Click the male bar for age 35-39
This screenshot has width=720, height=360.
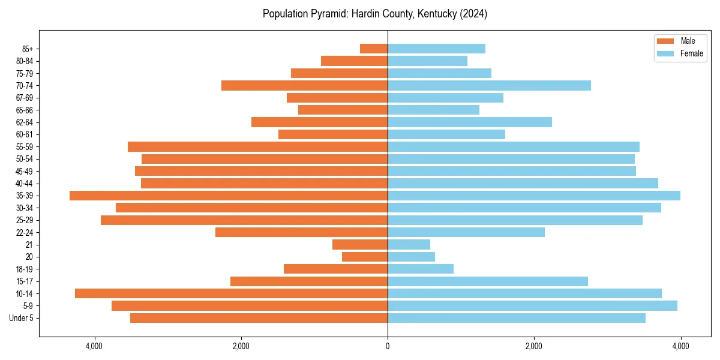pyautogui.click(x=229, y=196)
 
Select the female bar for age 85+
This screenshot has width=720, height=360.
pyautogui.click(x=436, y=49)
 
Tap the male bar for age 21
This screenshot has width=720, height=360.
pyautogui.click(x=360, y=245)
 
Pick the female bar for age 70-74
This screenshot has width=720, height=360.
pyautogui.click(x=489, y=85)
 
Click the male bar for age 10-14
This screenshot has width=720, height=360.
pyautogui.click(x=231, y=293)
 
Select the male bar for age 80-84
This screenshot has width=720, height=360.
pyautogui.click(x=354, y=61)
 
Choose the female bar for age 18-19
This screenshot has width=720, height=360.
pyautogui.click(x=421, y=269)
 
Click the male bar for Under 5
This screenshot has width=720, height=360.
pyautogui.click(x=259, y=318)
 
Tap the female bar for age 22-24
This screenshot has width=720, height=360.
pyautogui.click(x=466, y=232)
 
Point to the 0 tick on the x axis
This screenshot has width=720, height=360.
pyautogui.click(x=388, y=346)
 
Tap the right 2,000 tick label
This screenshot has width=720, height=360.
pyautogui.click(x=534, y=346)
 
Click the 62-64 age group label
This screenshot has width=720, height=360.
pyautogui.click(x=24, y=122)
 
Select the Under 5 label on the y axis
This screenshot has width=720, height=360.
pyautogui.click(x=21, y=318)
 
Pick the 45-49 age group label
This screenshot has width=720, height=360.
pyautogui.click(x=24, y=171)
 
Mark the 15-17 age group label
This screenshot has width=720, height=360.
pyautogui.click(x=24, y=281)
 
